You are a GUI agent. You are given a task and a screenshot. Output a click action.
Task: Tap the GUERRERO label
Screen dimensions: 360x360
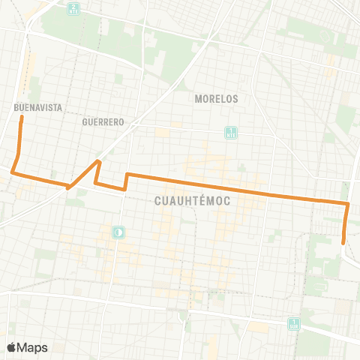103,121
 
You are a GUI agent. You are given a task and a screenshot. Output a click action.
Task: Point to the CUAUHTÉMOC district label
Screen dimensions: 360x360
191,201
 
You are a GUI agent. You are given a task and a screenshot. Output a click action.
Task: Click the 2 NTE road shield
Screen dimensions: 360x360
73,9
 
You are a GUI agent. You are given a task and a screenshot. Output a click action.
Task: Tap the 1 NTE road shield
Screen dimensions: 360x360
231,133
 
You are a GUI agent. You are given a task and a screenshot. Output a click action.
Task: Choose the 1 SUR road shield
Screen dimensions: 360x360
294,324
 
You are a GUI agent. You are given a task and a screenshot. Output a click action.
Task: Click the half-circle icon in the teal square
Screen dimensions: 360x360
118,233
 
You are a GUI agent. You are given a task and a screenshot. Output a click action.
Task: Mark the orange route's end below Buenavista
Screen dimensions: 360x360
22,117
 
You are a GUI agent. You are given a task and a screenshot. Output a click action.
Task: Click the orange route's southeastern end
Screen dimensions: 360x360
343,242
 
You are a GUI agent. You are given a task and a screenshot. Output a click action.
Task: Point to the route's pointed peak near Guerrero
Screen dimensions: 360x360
99,160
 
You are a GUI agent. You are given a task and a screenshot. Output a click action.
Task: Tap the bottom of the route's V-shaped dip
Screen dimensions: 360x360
68,187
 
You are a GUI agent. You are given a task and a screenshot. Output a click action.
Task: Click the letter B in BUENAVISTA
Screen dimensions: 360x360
16,107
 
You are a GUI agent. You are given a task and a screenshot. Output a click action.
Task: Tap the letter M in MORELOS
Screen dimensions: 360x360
197,98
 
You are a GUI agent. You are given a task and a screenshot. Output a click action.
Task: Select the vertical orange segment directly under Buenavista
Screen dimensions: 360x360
20,139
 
